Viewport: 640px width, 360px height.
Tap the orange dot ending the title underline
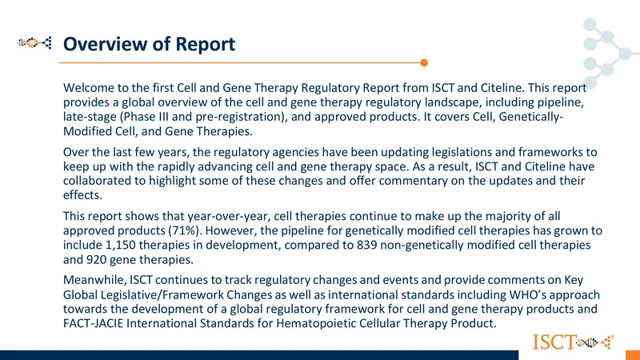pyautogui.click(x=424, y=63)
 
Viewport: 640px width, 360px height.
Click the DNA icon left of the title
pyautogui.click(x=34, y=42)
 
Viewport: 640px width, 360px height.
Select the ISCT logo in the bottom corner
pyautogui.click(x=573, y=342)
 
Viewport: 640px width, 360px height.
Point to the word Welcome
pyautogui.click(x=86, y=88)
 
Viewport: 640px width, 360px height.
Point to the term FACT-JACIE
pyautogui.click(x=93, y=323)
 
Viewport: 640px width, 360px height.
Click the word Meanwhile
pyautogui.click(x=94, y=280)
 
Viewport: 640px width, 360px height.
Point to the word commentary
pyautogui.click(x=414, y=181)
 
